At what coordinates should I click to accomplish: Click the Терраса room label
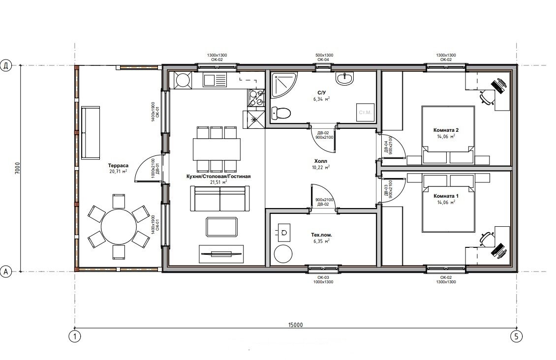pyautogui.click(x=118, y=165)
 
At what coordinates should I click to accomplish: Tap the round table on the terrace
pyautogui.click(x=119, y=227)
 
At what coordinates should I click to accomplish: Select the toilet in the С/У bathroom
pyautogui.click(x=281, y=113)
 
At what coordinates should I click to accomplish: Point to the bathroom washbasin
pyautogui.click(x=344, y=79)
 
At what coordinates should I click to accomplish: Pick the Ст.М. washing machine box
pyautogui.click(x=365, y=113)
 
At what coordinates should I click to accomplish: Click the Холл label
pyautogui.click(x=320, y=161)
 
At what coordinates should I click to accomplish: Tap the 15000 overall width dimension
pyautogui.click(x=296, y=325)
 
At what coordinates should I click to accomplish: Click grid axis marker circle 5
pyautogui.click(x=516, y=336)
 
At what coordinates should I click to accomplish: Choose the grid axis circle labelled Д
pyautogui.click(x=6, y=65)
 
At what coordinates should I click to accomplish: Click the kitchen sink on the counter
pyautogui.click(x=215, y=80)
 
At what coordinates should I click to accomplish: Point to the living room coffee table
pyautogui.click(x=221, y=227)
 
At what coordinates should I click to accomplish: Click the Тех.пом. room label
pyautogui.click(x=322, y=235)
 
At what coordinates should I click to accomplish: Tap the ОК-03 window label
pyautogui.click(x=323, y=277)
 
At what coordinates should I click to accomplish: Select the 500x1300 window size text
pyautogui.click(x=324, y=55)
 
